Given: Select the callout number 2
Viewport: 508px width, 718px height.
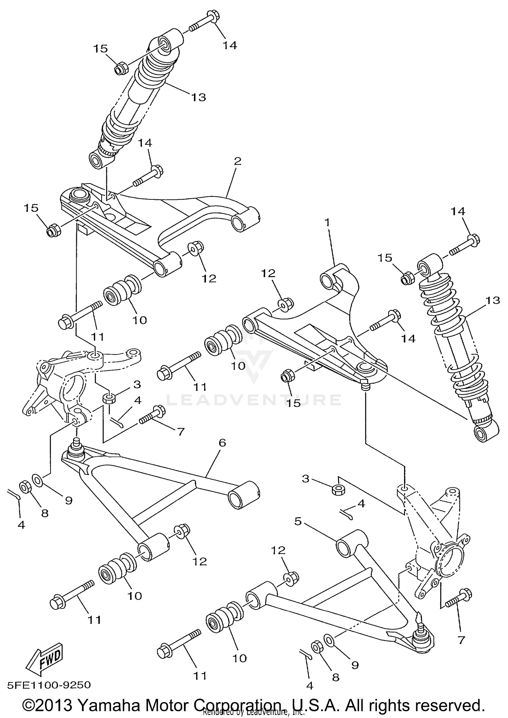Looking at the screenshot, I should click(237, 161).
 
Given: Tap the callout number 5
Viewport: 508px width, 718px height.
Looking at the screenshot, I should click(298, 522).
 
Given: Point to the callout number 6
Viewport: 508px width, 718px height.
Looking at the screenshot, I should click(222, 443).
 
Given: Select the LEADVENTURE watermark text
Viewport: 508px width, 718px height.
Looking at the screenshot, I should click(254, 400).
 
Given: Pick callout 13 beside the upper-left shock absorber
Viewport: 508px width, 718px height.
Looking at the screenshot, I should click(198, 98).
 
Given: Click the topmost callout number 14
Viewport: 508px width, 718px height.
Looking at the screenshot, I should click(230, 45).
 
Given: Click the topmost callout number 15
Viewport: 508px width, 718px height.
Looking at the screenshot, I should click(101, 49).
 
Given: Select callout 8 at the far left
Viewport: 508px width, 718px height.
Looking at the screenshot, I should click(45, 513).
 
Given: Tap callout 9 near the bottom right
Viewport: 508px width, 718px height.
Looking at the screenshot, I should click(355, 665).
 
